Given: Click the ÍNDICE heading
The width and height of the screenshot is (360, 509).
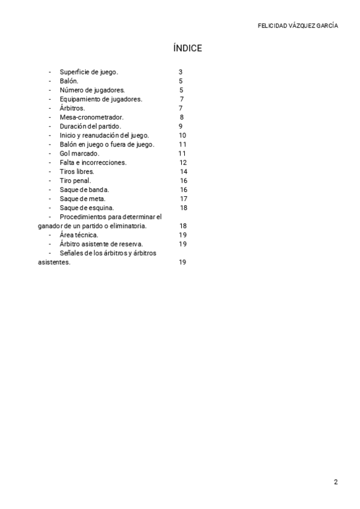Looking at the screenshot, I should [x=187, y=49].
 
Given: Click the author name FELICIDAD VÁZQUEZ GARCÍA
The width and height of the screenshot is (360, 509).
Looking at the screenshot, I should [x=298, y=26].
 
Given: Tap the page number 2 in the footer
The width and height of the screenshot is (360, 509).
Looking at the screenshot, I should [x=336, y=482].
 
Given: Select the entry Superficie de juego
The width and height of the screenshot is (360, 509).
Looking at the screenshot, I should [x=89, y=72].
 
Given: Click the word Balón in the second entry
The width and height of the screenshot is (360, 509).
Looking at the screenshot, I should [x=69, y=81].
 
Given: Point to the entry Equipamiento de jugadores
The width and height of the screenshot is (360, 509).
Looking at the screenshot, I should [x=101, y=99].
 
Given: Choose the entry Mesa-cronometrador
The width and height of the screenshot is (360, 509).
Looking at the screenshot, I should [x=92, y=117].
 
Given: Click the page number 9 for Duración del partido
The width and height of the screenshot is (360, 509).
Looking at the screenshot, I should [x=181, y=126].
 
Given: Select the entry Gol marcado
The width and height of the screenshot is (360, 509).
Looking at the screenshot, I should [x=80, y=154].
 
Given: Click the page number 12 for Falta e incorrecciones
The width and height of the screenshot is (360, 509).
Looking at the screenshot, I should [x=183, y=163].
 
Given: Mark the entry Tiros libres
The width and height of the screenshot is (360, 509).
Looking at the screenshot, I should [x=77, y=172].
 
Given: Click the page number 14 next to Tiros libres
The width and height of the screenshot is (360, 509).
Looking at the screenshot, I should [x=184, y=172].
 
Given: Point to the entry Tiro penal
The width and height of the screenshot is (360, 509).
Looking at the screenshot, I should [x=76, y=181].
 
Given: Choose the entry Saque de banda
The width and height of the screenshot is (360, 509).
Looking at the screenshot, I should [x=85, y=190].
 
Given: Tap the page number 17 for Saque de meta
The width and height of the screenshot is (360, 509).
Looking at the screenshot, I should [x=184, y=199].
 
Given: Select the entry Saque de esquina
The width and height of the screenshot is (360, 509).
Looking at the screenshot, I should [x=87, y=208].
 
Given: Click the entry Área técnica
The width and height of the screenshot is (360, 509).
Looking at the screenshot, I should [x=79, y=235].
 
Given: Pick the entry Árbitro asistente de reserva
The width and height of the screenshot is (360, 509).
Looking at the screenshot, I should [x=101, y=244].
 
